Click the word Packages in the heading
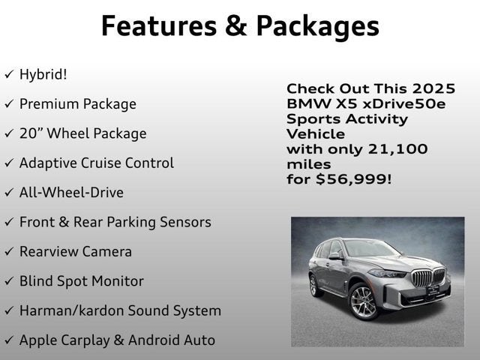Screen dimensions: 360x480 pyautogui.click(x=318, y=25)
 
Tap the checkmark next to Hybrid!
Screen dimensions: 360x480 pyautogui.click(x=8, y=75)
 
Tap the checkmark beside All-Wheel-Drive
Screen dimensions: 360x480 pyautogui.click(x=8, y=193)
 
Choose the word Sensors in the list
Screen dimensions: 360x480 pyautogui.click(x=184, y=222)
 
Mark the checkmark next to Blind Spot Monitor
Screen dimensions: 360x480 pyautogui.click(x=8, y=281)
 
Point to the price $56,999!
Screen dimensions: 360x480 pyautogui.click(x=353, y=179)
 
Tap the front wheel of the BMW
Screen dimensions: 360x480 pyautogui.click(x=363, y=301)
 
